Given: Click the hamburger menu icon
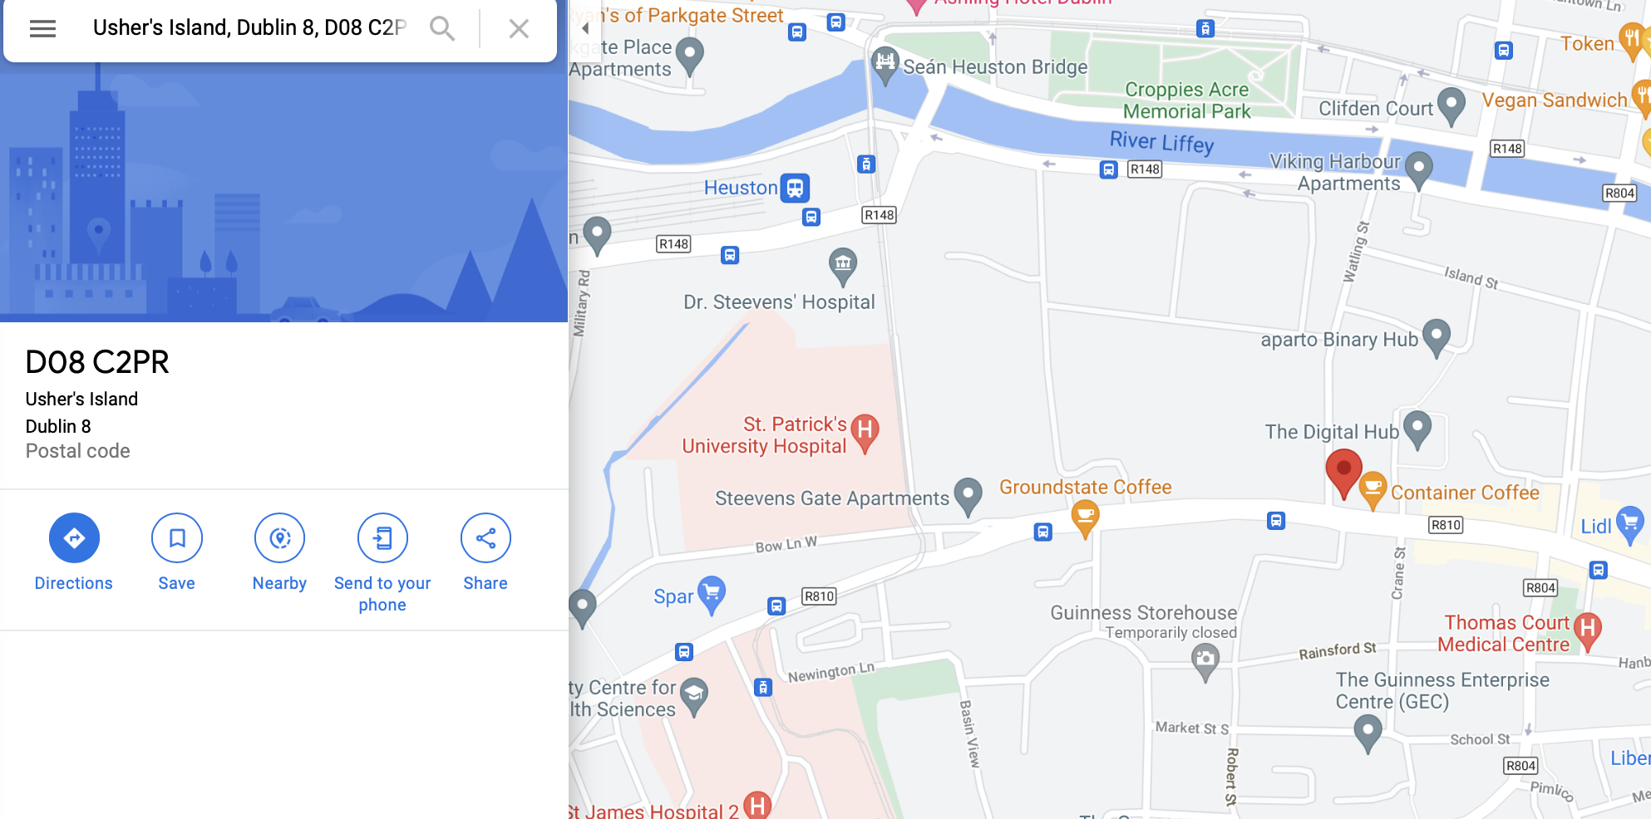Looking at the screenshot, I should coord(42,29).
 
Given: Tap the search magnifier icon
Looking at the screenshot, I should coord(442,29).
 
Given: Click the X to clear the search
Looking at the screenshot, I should coord(519,29).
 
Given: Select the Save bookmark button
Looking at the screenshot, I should coord(176,538).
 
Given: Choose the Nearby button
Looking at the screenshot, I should coord(279,538).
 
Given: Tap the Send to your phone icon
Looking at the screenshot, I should coord(382,538).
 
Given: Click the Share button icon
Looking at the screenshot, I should coord(485,538).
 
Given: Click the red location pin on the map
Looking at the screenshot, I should coord(1343,470).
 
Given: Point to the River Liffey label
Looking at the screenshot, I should coord(1161,142).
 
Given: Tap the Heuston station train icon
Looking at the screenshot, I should coord(795,188).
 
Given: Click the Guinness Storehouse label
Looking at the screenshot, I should coord(1143,613).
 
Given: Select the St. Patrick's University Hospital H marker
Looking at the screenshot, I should coord(865,430).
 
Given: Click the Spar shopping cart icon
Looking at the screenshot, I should coord(712,593).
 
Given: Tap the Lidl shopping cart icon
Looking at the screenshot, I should coord(1629,523).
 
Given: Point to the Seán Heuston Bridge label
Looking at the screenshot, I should coord(994,67).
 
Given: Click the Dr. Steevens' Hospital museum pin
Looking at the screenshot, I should coord(843,264).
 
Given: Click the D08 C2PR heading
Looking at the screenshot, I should coord(97,362).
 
